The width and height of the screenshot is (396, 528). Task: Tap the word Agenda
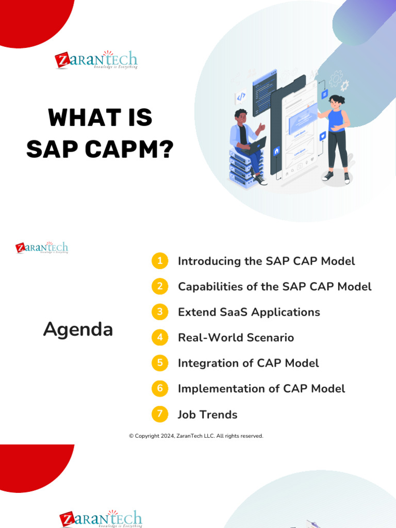pyautogui.click(x=78, y=329)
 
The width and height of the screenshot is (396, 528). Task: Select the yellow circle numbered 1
pyautogui.click(x=160, y=261)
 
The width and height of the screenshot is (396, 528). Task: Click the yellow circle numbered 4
pyautogui.click(x=160, y=338)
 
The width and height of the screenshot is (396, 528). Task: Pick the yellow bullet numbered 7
pyautogui.click(x=160, y=414)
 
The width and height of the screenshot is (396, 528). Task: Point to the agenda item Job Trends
pyautogui.click(x=207, y=415)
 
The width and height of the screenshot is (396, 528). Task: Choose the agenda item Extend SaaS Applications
pyautogui.click(x=249, y=312)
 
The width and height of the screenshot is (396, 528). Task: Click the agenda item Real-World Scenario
pyautogui.click(x=236, y=338)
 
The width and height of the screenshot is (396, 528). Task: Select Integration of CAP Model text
pyautogui.click(x=248, y=364)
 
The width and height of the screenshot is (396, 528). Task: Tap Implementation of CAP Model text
pyautogui.click(x=261, y=389)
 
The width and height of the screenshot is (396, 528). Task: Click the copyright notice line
pyautogui.click(x=196, y=436)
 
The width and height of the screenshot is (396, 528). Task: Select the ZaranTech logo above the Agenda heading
pyautogui.click(x=42, y=247)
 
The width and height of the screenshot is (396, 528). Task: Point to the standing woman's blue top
pyautogui.click(x=336, y=121)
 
